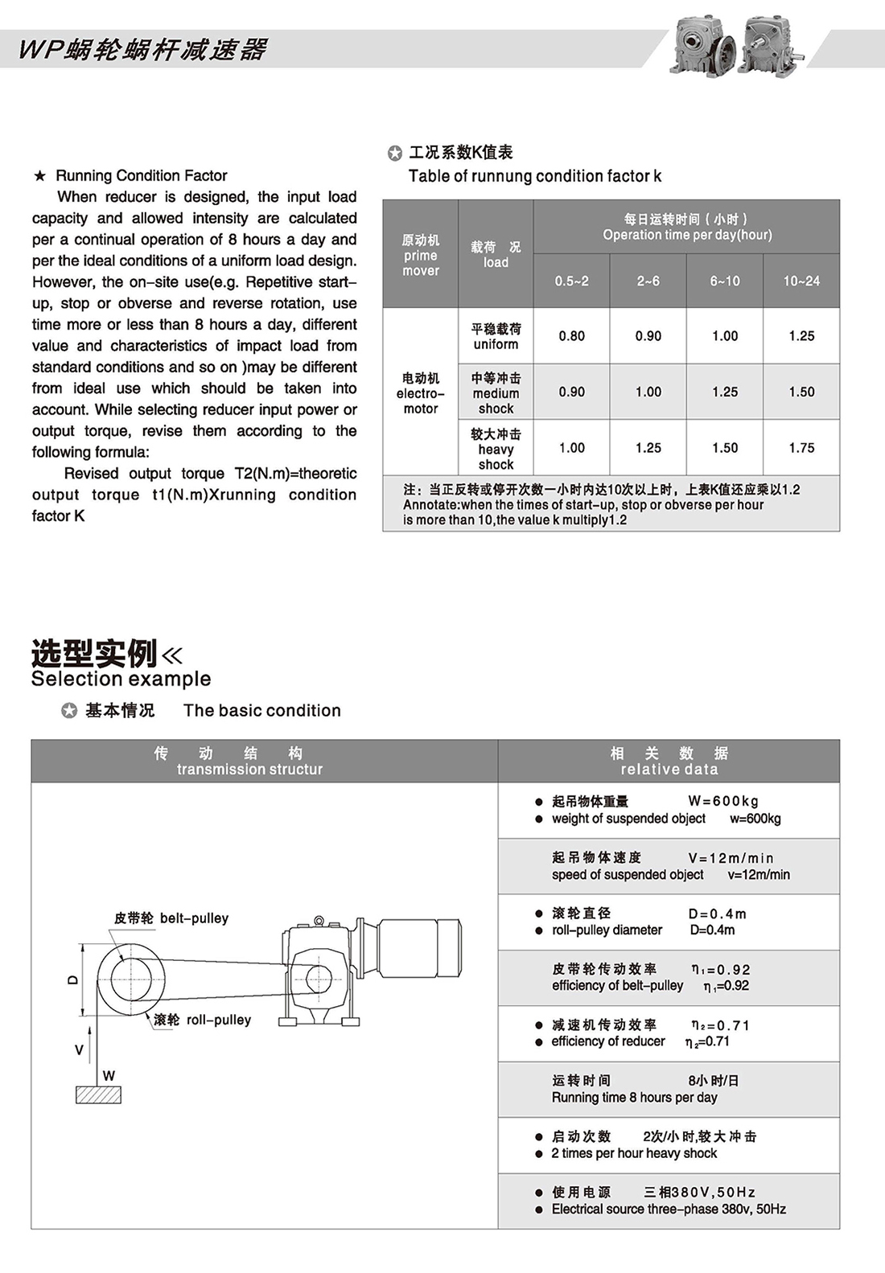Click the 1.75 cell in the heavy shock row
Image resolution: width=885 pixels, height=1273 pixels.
[x=801, y=448]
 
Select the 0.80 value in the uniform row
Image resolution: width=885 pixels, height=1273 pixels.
[x=571, y=336]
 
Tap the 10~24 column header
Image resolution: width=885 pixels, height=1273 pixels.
[x=801, y=281]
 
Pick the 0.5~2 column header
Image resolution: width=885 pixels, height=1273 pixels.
[x=571, y=281]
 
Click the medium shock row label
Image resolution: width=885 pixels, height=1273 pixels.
[x=496, y=392]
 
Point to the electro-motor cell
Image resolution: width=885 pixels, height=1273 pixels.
[x=420, y=392]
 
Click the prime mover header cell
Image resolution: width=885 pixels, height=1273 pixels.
[x=420, y=255]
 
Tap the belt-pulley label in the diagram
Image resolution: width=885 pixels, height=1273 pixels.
[x=193, y=918]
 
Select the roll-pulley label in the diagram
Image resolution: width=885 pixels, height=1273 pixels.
[x=218, y=1020]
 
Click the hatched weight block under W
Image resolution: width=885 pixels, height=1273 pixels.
[x=98, y=1094]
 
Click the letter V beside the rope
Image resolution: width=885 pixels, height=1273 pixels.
[x=79, y=1049]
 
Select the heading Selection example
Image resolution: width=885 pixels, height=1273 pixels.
[x=121, y=679]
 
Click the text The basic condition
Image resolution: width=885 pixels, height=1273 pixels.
[x=261, y=710]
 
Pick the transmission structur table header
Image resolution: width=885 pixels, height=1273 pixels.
[x=249, y=770]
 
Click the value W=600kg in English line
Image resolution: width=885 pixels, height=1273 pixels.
[x=755, y=819]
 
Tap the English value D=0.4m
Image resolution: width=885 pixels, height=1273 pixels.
[x=712, y=930]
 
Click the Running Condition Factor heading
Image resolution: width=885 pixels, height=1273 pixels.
[x=141, y=175]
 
